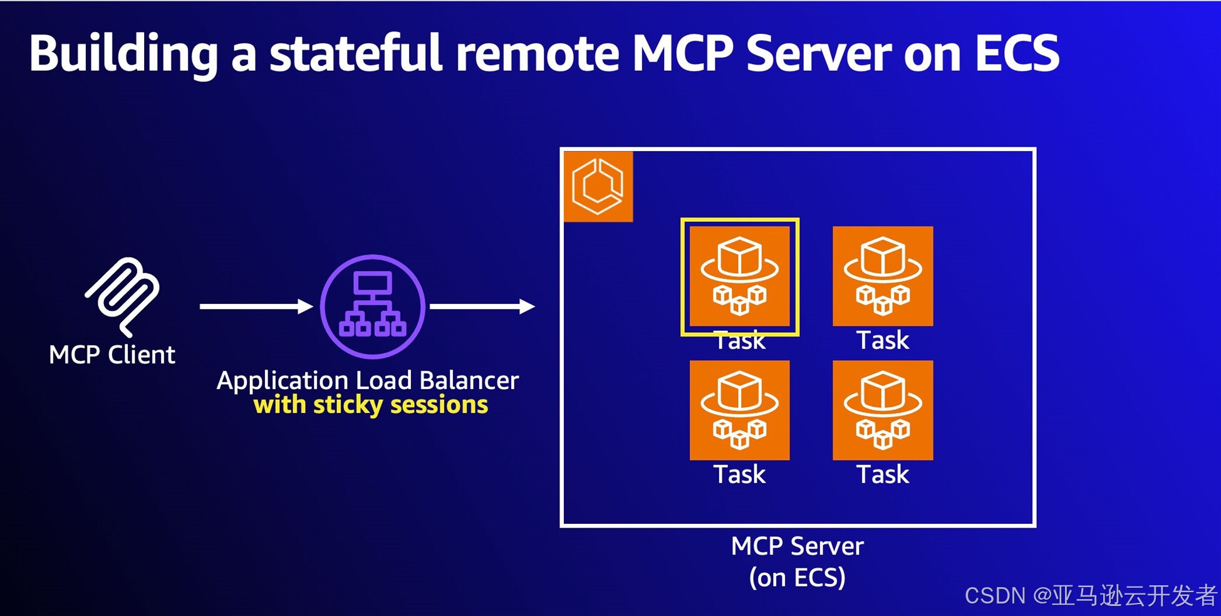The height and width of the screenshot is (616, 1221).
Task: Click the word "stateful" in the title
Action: pos(356,53)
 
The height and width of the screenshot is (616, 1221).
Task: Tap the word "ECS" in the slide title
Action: pos(1017,53)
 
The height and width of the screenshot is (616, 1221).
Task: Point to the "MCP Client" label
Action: pos(112,355)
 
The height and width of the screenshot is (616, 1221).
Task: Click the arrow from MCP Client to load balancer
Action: pos(256,306)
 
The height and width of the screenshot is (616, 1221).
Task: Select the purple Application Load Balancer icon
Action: pos(373,306)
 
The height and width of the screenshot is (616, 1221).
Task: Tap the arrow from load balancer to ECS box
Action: pos(482,306)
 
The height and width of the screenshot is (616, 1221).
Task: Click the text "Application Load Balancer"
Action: pos(368,380)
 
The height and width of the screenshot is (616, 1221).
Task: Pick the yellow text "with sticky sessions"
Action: pos(370,405)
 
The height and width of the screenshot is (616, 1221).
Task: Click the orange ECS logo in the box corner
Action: pos(598,186)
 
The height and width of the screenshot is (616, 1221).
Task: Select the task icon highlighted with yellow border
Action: pos(739,276)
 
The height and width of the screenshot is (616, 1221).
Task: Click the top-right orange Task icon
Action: pos(883,276)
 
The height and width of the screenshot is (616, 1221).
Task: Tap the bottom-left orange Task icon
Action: pos(739,410)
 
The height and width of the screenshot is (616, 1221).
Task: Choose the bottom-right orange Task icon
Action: pos(883,410)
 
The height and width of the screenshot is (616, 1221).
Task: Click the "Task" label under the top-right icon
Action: pos(883,340)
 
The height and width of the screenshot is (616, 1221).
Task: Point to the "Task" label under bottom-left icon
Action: pos(739,474)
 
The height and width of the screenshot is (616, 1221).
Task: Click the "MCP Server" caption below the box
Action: pos(797,546)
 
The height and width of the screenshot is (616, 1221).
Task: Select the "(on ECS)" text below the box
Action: pos(797,578)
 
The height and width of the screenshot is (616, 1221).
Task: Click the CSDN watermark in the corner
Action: pos(1090,595)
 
